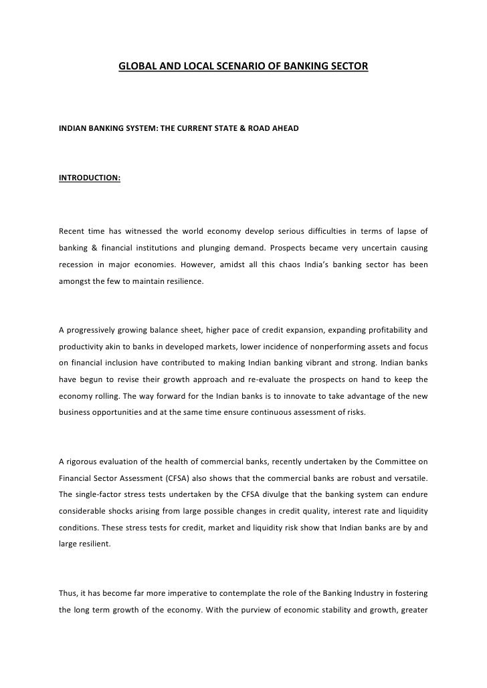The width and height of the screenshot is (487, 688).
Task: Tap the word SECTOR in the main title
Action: [x=349, y=67]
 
